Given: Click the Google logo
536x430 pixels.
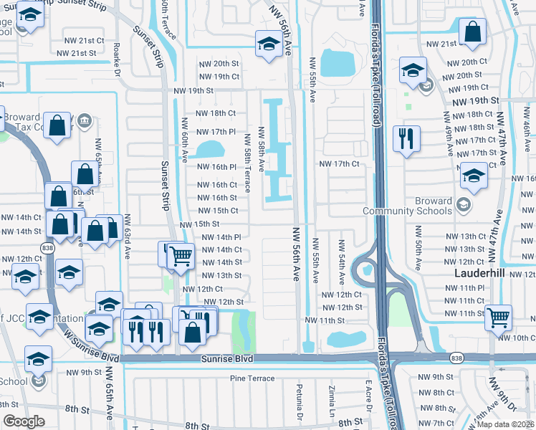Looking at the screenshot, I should pos(24,421).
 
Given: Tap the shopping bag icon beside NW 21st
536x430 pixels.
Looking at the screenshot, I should pos(473,32).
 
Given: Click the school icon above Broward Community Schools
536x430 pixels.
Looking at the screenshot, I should pos(474,175).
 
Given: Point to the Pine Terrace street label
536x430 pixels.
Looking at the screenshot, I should pos(252,378).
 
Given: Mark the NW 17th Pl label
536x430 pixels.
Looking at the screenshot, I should pos(218,132).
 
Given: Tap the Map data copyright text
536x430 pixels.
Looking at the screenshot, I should pos(506,424).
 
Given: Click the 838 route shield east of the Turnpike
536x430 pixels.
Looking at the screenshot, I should pos(456,356).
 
